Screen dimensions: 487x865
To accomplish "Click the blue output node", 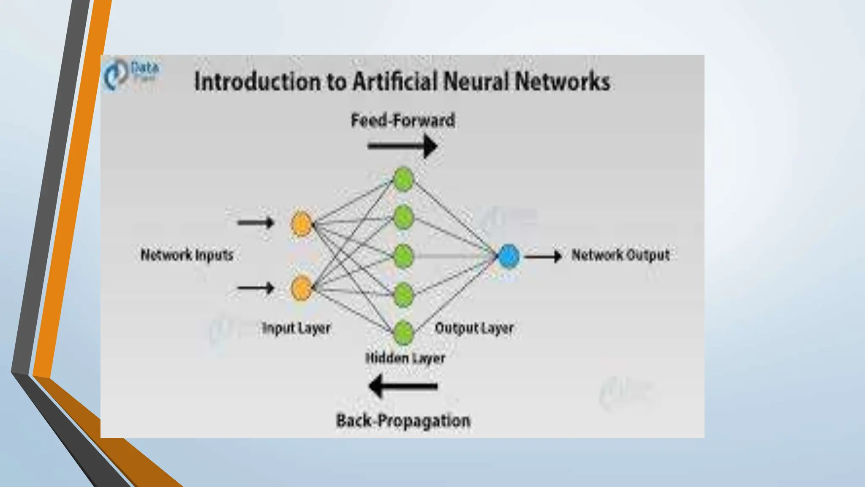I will [x=509, y=256].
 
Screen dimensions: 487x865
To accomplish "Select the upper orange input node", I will [x=301, y=224].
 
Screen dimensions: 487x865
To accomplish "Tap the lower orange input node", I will [x=302, y=288].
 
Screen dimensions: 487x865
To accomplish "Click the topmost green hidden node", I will [x=403, y=179].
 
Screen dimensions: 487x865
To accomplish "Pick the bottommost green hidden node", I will [x=403, y=332].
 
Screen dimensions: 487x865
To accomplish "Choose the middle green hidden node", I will [x=403, y=256].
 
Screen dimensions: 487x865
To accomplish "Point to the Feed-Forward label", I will [x=403, y=120].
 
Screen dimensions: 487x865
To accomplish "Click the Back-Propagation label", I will [x=403, y=421].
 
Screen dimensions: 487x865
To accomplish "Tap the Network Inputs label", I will [x=187, y=255].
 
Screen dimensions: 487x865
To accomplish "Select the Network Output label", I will [x=620, y=255].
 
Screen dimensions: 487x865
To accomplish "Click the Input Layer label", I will [x=296, y=328].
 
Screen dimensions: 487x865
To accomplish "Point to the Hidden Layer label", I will [x=405, y=358].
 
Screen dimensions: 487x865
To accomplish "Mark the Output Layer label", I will [x=474, y=328].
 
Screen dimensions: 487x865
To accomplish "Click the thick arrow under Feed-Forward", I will [x=403, y=146].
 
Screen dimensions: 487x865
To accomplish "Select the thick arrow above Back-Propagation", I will [x=403, y=386].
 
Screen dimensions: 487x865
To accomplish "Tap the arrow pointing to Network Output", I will [x=543, y=256].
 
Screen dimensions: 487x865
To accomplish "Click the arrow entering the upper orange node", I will [x=256, y=222].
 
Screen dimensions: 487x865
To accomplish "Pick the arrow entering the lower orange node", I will [x=256, y=288].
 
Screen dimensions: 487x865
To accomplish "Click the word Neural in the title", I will [x=474, y=81].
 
